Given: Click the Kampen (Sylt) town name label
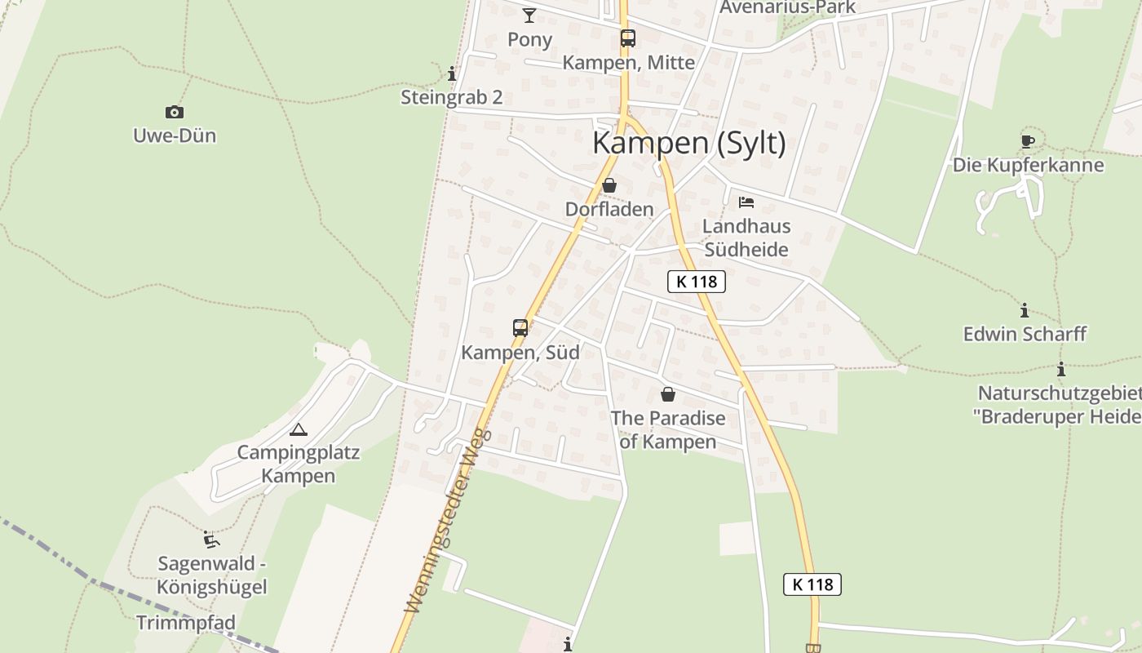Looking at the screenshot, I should tap(689, 143).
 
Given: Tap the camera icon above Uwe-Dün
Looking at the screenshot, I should tap(174, 113).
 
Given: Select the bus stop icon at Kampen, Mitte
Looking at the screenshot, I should tap(627, 38).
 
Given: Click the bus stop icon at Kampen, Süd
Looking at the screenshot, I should tap(520, 328).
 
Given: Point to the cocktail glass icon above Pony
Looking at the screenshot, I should tap(529, 15).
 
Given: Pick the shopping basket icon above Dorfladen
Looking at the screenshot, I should tap(609, 186).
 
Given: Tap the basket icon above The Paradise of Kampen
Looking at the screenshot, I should tap(668, 395).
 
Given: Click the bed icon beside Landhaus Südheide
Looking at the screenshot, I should tap(746, 202).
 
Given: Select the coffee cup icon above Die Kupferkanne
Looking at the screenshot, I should tap(1028, 142).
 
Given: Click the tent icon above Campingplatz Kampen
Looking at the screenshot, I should tap(299, 429).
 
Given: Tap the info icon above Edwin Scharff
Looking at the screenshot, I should tap(1025, 311).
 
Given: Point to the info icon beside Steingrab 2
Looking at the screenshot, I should tap(452, 74).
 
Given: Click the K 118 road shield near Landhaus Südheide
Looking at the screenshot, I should tap(697, 282).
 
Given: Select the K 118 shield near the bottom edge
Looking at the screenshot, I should tap(812, 584).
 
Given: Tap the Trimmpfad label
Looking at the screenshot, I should tap(186, 623).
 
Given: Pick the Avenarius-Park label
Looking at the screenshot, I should tap(788, 7).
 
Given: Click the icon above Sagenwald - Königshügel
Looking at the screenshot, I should tap(211, 540).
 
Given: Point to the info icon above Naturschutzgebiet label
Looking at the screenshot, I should tap(1061, 370).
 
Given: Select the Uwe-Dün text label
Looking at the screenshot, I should tap(175, 135).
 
